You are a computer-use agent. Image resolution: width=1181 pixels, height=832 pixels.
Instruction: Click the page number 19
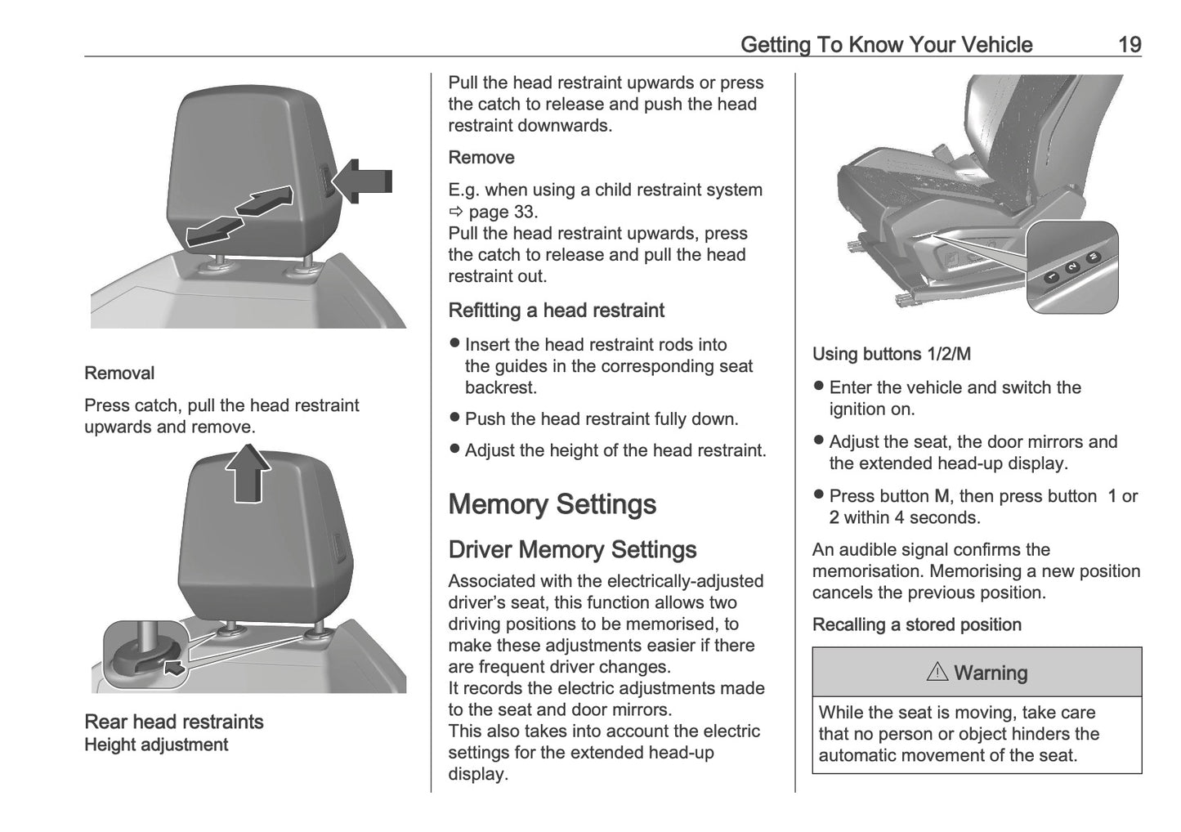point(1129,45)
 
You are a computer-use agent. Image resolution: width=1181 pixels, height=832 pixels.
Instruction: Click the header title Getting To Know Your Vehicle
point(886,45)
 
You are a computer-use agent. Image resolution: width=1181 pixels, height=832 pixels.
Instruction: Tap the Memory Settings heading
point(552,504)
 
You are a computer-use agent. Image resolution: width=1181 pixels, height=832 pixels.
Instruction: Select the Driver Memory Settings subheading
point(572,550)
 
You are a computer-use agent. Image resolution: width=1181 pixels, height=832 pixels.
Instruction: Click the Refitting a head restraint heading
point(556,311)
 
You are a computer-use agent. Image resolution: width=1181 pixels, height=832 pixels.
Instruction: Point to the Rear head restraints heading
point(174,722)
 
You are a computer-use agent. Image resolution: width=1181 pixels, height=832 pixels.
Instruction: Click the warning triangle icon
point(937,673)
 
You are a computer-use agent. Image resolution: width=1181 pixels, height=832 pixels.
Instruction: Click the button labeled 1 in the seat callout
point(1052,278)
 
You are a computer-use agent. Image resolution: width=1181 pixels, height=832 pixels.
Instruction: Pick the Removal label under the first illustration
point(119,374)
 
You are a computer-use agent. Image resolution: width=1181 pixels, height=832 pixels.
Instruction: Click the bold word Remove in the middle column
point(481,158)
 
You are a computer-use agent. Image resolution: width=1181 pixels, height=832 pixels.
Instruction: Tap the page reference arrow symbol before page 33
point(455,212)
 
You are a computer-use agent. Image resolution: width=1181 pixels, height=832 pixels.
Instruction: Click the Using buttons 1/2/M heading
point(891,355)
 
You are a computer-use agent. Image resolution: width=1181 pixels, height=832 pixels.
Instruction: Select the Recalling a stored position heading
point(916,625)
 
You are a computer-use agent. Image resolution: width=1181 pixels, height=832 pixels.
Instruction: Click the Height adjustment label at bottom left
point(156,745)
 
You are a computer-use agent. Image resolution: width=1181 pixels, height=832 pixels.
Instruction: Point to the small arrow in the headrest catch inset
point(173,668)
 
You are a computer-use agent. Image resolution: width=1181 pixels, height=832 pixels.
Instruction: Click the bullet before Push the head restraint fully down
point(455,418)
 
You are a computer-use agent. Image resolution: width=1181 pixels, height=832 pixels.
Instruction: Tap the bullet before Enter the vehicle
point(819,387)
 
